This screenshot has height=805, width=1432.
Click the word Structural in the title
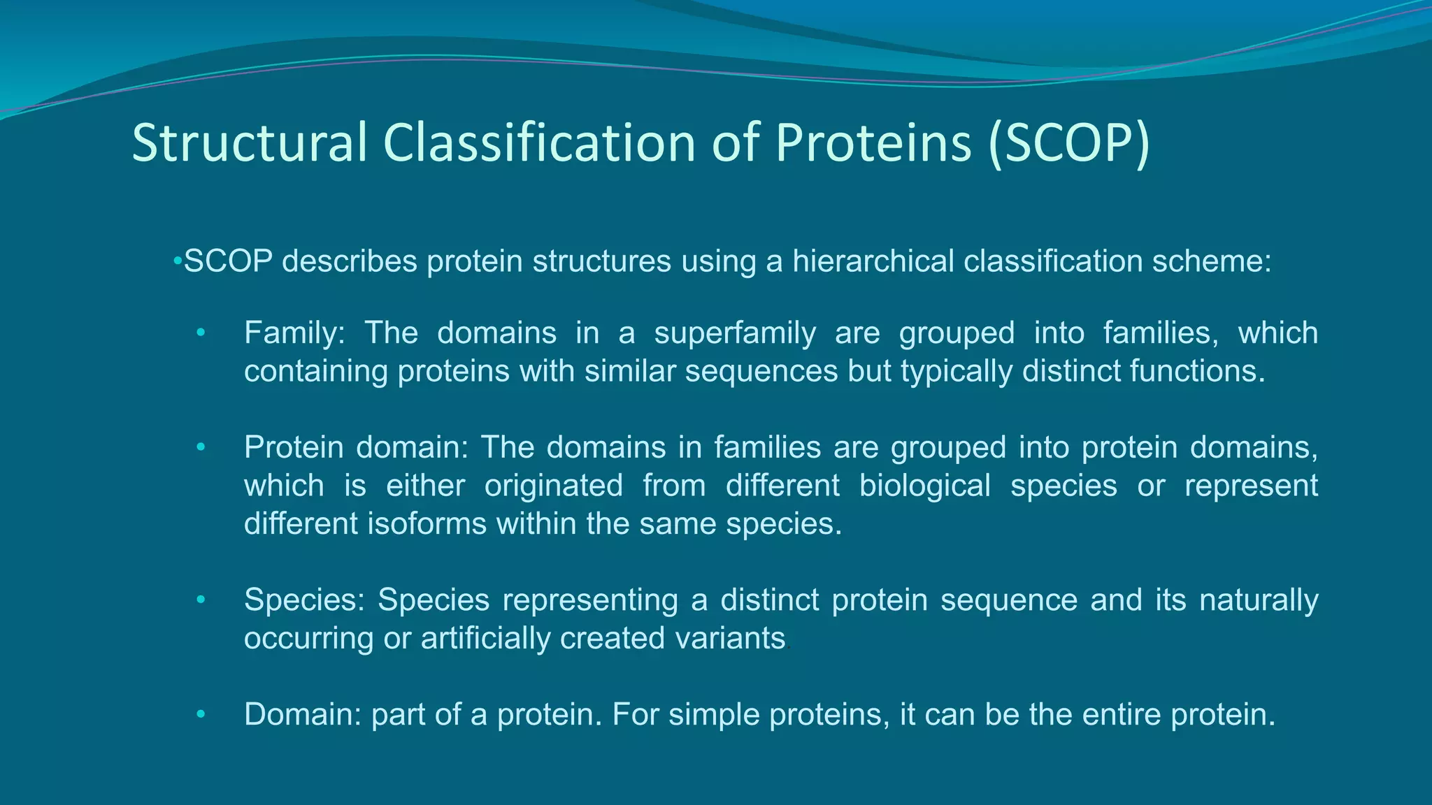point(250,143)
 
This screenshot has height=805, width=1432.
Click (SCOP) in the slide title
point(1069,143)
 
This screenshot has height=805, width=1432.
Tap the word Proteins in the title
point(873,143)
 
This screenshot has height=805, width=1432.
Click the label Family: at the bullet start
point(294,333)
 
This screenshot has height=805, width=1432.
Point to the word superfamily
point(734,333)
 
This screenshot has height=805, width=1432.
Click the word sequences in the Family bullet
point(761,371)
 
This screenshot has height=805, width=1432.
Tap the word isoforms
point(427,523)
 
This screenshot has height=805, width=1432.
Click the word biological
point(924,486)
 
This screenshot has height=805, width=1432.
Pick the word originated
point(553,486)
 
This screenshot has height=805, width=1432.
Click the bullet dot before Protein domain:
point(201,447)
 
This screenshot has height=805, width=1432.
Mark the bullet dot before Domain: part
point(201,715)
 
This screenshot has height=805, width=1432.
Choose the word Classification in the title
point(539,143)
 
